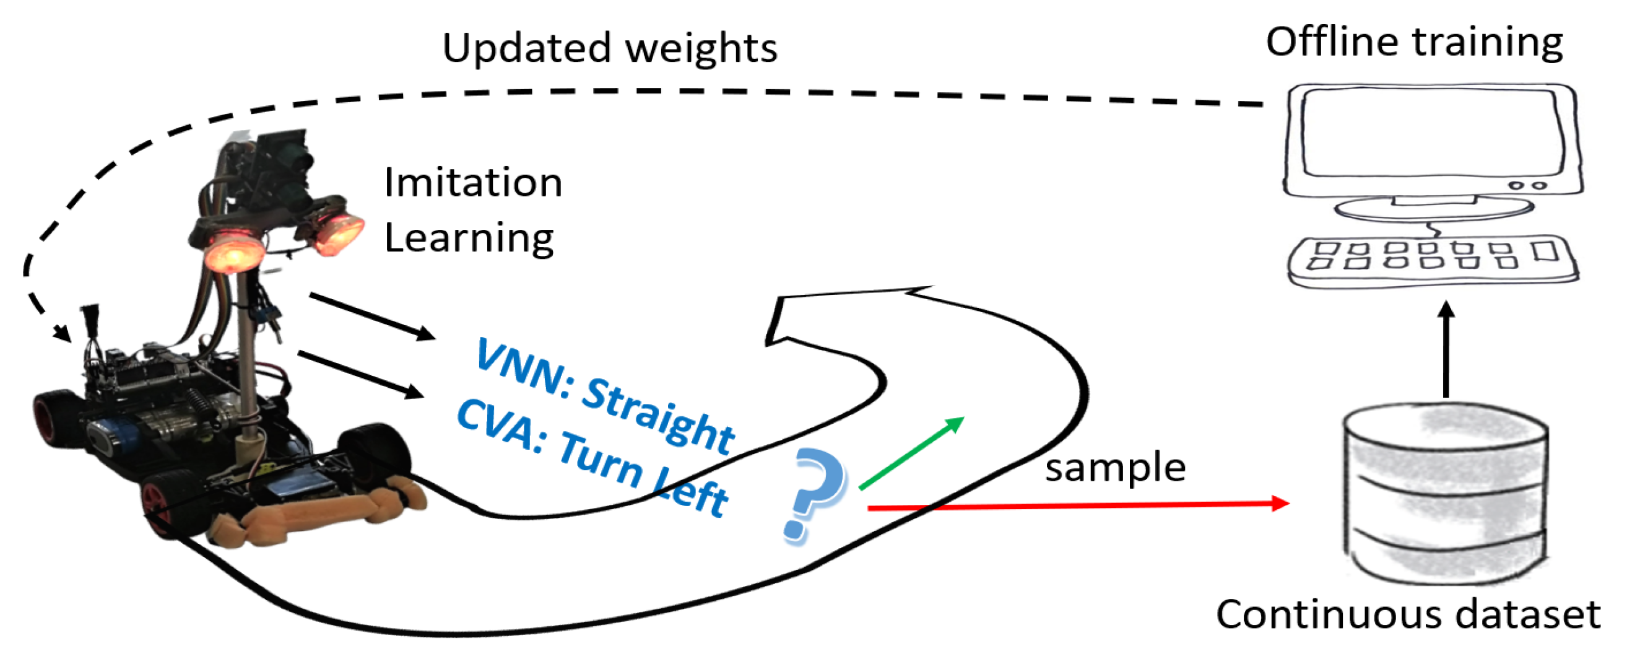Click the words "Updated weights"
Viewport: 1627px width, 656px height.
(x=609, y=48)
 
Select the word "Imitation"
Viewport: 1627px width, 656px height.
(x=472, y=183)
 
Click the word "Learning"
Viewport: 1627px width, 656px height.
(x=469, y=238)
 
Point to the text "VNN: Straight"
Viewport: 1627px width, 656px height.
(x=604, y=395)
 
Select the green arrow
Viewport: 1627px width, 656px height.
(x=911, y=452)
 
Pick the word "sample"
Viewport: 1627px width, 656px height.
(x=1115, y=468)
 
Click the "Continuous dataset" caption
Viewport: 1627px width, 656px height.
(x=1408, y=614)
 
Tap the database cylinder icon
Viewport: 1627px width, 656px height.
(x=1444, y=493)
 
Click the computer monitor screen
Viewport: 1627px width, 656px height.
(x=1430, y=133)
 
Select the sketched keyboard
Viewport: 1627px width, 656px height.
(x=1433, y=261)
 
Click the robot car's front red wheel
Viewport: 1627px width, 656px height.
(x=157, y=505)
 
